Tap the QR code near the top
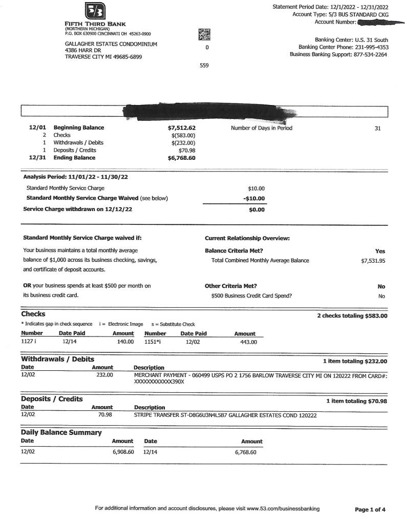click(x=204, y=34)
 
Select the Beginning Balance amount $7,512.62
click(x=182, y=128)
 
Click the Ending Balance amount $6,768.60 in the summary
click(x=182, y=158)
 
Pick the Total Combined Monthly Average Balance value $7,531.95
click(x=373, y=261)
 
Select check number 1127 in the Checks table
click(x=26, y=341)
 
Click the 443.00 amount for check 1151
click(x=248, y=342)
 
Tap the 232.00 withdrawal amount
click(x=104, y=375)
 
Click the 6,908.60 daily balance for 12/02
click(x=123, y=453)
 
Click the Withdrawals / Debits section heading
click(x=57, y=360)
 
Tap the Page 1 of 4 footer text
click(x=370, y=510)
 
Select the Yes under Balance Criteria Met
click(x=380, y=251)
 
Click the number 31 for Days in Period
click(x=377, y=129)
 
